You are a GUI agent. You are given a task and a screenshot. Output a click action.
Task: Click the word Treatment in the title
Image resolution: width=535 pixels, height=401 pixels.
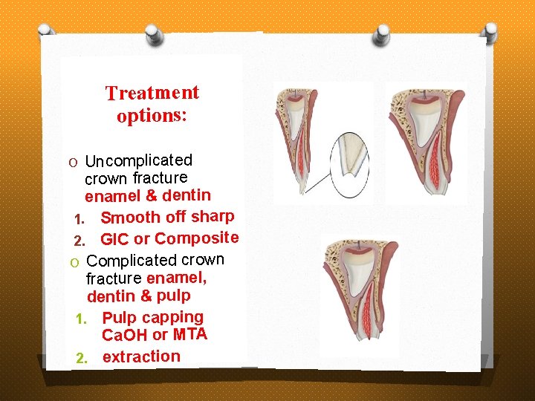(x=152, y=94)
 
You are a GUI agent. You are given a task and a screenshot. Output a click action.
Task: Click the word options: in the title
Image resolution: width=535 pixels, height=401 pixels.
(x=152, y=117)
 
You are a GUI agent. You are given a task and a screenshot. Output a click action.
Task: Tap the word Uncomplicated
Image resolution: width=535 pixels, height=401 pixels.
(x=139, y=160)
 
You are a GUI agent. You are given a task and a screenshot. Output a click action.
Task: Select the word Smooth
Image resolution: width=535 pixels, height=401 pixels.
(x=130, y=218)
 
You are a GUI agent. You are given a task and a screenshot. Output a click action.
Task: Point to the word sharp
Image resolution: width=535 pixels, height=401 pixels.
(x=213, y=216)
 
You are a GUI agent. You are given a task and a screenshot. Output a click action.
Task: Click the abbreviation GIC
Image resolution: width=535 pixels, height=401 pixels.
(x=114, y=239)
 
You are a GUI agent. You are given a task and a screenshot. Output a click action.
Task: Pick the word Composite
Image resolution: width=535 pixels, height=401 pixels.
(x=196, y=238)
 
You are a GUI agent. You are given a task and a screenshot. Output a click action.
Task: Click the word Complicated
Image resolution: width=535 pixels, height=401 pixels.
(x=132, y=261)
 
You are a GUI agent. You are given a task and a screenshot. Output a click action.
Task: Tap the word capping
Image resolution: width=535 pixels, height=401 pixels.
(x=172, y=318)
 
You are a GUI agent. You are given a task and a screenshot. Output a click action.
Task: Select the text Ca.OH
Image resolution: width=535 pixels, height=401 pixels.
(x=125, y=335)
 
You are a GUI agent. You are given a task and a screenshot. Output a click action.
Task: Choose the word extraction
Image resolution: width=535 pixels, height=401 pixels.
(x=141, y=356)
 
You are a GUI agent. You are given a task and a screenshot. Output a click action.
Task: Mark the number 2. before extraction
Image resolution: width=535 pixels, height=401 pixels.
(x=82, y=358)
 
